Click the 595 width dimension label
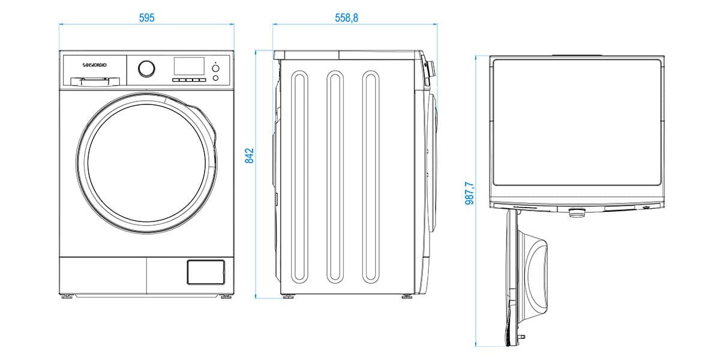(x=147, y=17)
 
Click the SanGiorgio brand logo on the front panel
(x=94, y=64)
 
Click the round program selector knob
(x=146, y=68)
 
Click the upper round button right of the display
(x=215, y=68)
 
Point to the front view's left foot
(x=67, y=295)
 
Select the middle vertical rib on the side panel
(x=335, y=178)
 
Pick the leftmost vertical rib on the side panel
(x=299, y=178)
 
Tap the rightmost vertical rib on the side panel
(x=371, y=178)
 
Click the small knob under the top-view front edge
(x=576, y=212)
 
